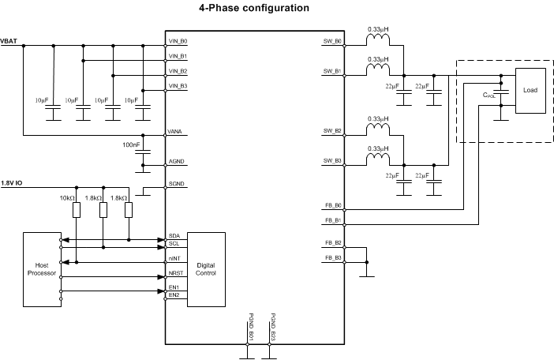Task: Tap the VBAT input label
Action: click(10, 43)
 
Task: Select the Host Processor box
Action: click(42, 269)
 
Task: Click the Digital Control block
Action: click(205, 269)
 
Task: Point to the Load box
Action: click(530, 91)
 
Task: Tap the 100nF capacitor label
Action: click(132, 146)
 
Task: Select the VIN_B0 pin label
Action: click(178, 41)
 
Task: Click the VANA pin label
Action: click(176, 132)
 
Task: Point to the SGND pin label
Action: click(177, 184)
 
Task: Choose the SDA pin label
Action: click(174, 236)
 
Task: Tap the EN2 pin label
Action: click(174, 295)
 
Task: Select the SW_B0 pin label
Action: click(332, 41)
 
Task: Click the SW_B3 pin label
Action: click(332, 161)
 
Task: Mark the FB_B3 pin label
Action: click(333, 258)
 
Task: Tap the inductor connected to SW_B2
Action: click(379, 125)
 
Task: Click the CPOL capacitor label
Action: click(490, 95)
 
